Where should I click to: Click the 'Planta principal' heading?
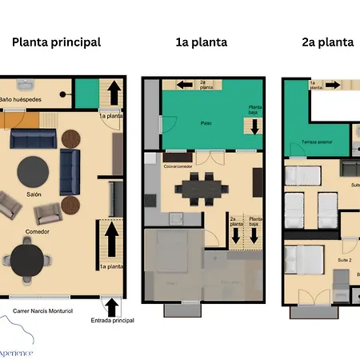pos(56,42)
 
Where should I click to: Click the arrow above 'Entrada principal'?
pos(111,305)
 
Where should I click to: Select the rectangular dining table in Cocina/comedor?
pos(200,188)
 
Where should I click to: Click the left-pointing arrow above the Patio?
pos(183,84)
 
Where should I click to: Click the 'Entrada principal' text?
pos(112,319)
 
